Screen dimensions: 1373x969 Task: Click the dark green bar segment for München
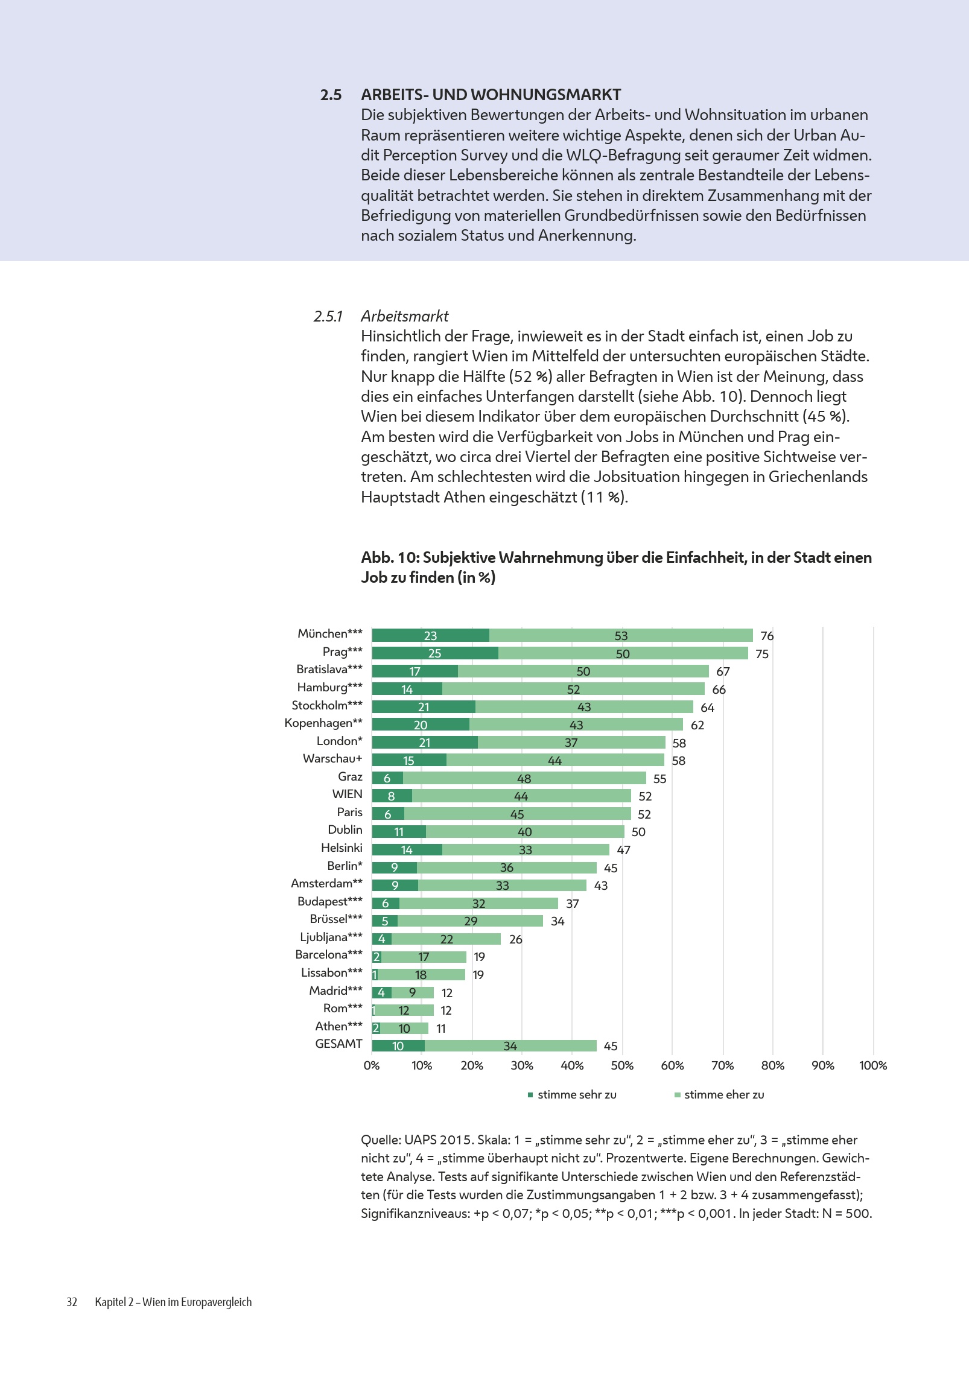430,635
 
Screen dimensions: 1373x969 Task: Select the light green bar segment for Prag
623,653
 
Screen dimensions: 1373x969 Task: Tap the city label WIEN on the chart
347,794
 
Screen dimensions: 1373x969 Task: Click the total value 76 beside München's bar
767,636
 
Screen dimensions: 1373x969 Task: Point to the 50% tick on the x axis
622,1066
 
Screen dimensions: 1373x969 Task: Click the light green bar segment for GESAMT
510,1046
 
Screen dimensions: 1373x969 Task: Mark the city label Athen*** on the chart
338,1027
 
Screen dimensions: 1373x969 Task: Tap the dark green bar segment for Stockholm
424,707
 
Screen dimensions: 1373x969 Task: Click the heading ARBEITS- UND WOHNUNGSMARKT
491,95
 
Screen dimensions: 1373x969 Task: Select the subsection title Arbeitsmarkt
404,316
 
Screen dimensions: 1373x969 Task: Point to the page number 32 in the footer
72,1302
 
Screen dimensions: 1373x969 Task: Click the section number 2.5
331,95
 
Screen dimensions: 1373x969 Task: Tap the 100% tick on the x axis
872,1066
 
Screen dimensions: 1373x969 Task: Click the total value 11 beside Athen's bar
441,1029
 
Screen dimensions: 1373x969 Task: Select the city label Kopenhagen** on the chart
323,723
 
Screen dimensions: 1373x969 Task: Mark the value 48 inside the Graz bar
524,779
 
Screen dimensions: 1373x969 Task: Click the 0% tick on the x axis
372,1066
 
